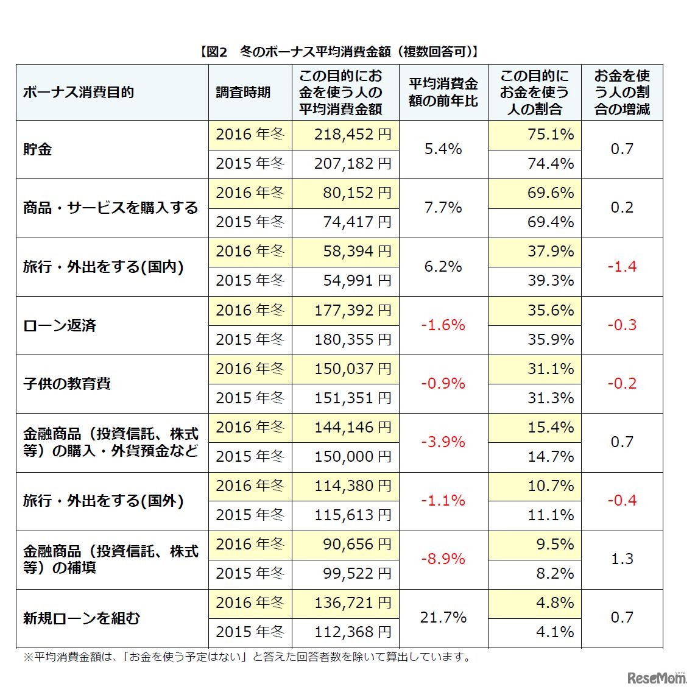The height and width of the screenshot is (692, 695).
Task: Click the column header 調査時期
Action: pos(243,93)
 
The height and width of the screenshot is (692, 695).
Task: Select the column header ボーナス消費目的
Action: pos(79,93)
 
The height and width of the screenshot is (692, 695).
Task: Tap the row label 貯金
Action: pos(38,149)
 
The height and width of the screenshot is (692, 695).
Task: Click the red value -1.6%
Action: pos(443,325)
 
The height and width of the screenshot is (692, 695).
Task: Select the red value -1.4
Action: pos(622,267)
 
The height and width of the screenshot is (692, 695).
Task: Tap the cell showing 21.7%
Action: pos(443,618)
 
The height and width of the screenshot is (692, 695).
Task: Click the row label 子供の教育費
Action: pos(67,384)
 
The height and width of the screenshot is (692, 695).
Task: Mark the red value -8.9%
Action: pos(443,559)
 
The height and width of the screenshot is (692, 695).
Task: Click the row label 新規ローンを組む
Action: pos(82,618)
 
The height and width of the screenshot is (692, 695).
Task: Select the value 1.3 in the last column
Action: pos(622,559)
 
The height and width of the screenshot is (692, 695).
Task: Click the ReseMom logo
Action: pos(654,677)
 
